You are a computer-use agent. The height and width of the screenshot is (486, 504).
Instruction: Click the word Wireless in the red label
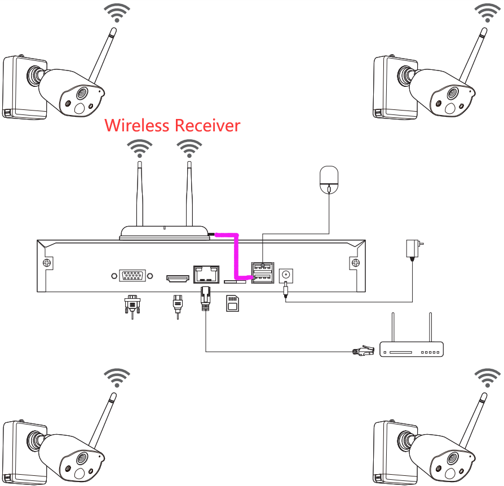tap(137, 125)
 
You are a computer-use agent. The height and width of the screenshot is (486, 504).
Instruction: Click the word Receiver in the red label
tap(207, 125)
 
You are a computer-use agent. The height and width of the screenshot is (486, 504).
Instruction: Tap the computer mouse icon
tap(329, 180)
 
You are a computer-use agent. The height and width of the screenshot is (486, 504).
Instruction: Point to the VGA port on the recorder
tap(132, 276)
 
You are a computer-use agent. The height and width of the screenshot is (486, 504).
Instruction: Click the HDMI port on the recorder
tap(178, 279)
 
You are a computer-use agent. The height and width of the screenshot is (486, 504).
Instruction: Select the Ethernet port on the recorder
tap(206, 274)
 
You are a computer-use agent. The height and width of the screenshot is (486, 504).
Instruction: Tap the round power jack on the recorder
tap(286, 275)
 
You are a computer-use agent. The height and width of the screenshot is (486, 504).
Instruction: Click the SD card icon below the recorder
tap(232, 303)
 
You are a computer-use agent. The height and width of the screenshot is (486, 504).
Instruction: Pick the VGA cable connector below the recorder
tap(132, 306)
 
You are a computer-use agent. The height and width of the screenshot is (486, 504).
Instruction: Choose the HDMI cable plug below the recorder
tap(178, 306)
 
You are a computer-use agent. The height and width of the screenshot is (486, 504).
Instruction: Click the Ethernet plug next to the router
tap(364, 351)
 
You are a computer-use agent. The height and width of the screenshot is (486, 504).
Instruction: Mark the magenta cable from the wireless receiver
tap(237, 254)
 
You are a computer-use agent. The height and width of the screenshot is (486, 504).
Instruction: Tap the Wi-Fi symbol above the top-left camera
tap(117, 13)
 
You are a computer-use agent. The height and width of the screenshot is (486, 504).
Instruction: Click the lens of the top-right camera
tap(452, 93)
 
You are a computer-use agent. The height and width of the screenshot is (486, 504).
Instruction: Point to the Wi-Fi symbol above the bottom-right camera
tap(487, 378)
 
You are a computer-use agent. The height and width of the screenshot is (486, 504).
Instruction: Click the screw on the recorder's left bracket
tap(47, 263)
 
